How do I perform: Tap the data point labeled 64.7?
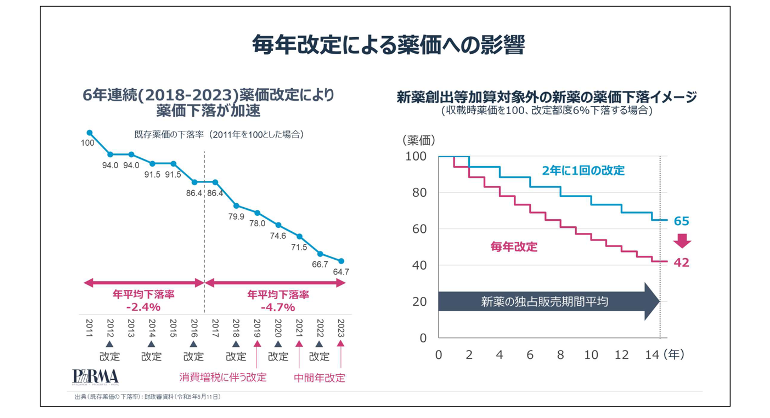(x=341, y=261)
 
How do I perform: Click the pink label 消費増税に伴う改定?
(x=223, y=377)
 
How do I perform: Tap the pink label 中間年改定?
(x=319, y=378)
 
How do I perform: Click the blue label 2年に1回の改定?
(x=583, y=171)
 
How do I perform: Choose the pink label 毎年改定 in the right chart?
(x=514, y=247)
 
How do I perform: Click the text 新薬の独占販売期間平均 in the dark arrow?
(x=545, y=301)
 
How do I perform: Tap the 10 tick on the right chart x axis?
(x=591, y=355)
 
